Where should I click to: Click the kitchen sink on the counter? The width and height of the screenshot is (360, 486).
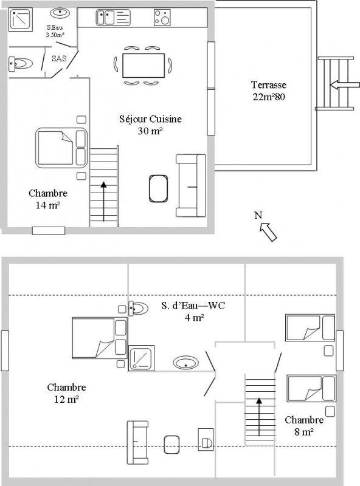pos(113,18)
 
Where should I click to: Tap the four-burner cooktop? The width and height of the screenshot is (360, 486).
pos(162,18)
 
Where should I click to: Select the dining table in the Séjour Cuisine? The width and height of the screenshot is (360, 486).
pos(144,66)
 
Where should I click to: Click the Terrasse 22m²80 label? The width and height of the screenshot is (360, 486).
pos(269,91)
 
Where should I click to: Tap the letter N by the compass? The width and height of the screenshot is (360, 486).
pos(258,215)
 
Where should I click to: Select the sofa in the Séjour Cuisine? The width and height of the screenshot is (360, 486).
pos(191,185)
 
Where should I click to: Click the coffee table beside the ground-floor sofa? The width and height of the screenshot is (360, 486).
pos(158,189)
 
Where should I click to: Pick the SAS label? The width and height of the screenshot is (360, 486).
pos(59,58)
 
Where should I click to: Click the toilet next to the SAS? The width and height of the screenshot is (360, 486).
pos(21,64)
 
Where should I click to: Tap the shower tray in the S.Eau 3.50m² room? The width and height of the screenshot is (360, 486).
pos(20,19)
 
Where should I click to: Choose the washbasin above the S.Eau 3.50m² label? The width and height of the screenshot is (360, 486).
pos(60,13)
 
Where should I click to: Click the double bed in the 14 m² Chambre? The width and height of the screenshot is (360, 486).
pos(61,148)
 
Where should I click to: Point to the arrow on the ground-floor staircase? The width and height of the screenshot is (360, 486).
pos(103,201)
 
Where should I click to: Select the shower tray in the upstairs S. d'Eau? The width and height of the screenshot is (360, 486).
pos(141,358)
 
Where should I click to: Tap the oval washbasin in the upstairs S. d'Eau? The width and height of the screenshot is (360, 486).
pos(185,362)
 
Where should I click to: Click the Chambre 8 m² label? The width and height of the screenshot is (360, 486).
pos(304,426)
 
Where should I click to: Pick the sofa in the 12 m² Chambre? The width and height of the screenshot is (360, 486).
pos(137,442)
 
